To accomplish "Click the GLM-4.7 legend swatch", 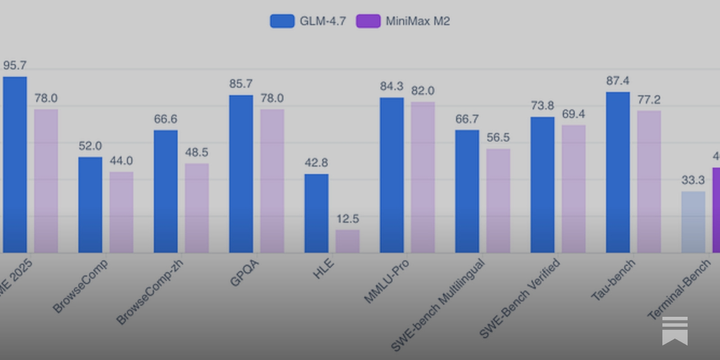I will coord(282,21).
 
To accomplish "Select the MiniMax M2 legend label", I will coord(418,21).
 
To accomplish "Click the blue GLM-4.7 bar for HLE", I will coord(316,213).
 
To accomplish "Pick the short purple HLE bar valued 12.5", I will coord(347,241).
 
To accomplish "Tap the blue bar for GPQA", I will coord(241,174).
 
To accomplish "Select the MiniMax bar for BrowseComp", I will coord(121,212).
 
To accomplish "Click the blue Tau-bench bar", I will coord(618,172).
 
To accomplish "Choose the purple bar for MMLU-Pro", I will coord(423,177).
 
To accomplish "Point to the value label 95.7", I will coord(15,66).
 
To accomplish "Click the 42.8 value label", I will coord(316,162).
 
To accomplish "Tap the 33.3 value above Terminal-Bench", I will coord(693,180).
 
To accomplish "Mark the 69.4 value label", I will coord(573,114).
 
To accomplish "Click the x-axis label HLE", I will coord(324,268).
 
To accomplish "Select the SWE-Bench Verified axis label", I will coord(519,298).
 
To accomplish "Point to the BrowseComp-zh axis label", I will coord(150,292).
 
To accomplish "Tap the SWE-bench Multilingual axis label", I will coord(438,305).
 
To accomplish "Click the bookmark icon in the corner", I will coord(675,331).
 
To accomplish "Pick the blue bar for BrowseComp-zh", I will coord(166,191).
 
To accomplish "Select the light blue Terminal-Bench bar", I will coord(693,222).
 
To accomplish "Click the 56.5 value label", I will coord(498,138).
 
